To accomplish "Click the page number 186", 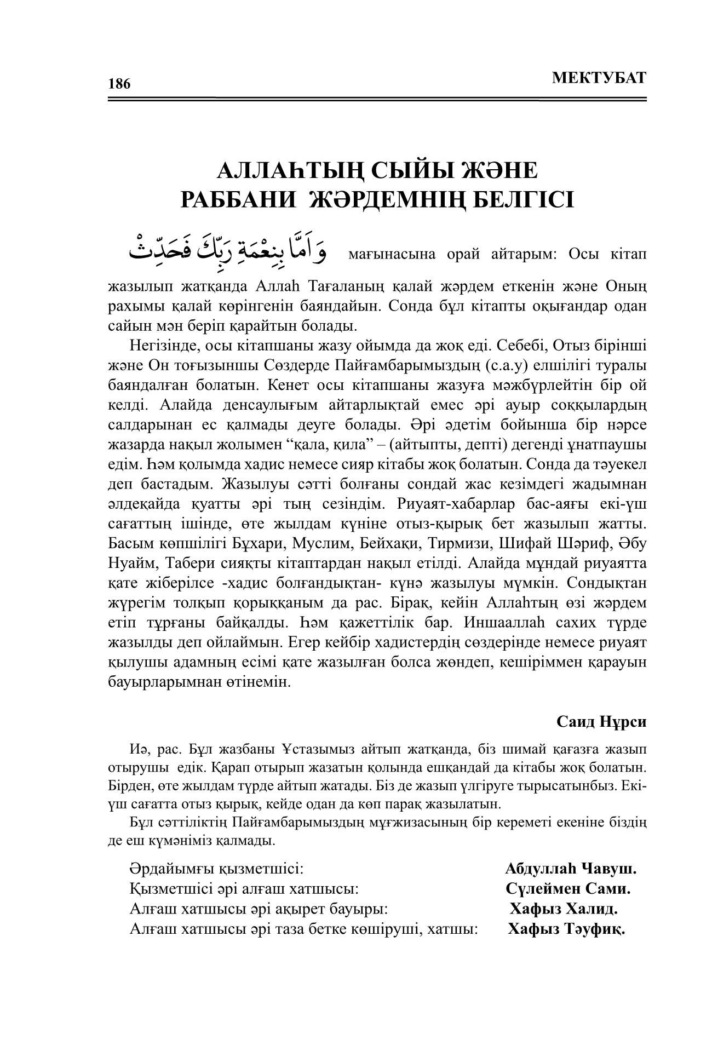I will point(119,84).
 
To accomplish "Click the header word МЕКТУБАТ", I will point(599,78).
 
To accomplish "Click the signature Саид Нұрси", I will point(601,721).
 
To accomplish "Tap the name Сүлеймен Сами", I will point(568,888).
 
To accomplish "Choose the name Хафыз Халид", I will point(564,909).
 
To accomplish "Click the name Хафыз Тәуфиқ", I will point(567,929).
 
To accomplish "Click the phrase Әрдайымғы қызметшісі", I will point(216,869).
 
